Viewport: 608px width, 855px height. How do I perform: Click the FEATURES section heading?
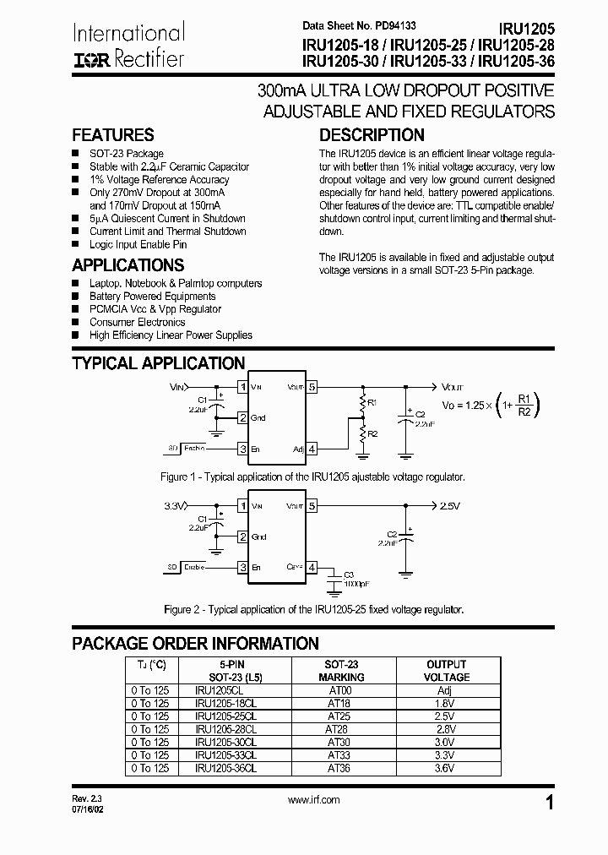pyautogui.click(x=113, y=135)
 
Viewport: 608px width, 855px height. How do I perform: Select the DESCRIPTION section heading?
pyautogui.click(x=372, y=135)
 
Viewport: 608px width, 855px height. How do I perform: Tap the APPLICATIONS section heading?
pyautogui.click(x=128, y=264)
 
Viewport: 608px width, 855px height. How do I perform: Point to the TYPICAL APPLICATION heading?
pyautogui.click(x=158, y=363)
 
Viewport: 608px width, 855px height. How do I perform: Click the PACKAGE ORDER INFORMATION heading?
pyautogui.click(x=195, y=643)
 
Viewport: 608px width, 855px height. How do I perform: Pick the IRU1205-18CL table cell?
pyautogui.click(x=225, y=703)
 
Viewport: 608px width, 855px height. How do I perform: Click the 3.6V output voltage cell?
pyautogui.click(x=446, y=768)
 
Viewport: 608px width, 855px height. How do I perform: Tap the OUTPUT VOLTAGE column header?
pyautogui.click(x=446, y=671)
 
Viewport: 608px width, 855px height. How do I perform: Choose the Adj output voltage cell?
pyautogui.click(x=446, y=690)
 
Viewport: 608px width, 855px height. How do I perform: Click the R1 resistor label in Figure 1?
pyautogui.click(x=372, y=402)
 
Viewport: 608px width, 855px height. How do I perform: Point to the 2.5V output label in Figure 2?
pyautogui.click(x=450, y=506)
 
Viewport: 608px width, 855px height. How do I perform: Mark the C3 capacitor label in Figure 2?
pyautogui.click(x=349, y=575)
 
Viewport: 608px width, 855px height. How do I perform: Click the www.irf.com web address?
pyautogui.click(x=313, y=799)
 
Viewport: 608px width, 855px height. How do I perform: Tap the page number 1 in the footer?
pyautogui.click(x=550, y=803)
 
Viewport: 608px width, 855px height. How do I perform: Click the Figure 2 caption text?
pyautogui.click(x=313, y=609)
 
